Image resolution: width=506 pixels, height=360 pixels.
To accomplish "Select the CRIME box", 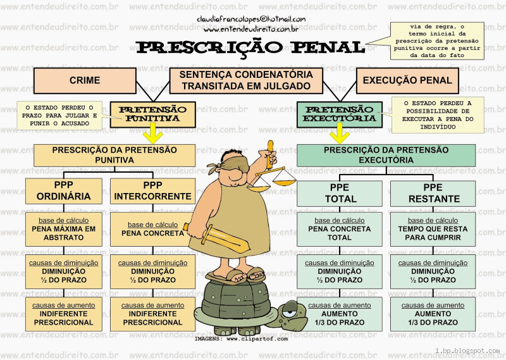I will [x=85, y=80].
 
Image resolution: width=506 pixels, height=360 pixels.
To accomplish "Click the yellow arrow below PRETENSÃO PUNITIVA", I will [x=152, y=134].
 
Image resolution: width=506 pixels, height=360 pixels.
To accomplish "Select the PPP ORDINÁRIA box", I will [x=66, y=191].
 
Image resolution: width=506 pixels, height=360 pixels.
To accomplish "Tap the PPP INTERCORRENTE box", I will [x=152, y=191].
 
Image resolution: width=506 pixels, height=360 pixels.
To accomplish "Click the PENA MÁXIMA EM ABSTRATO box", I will [x=66, y=229].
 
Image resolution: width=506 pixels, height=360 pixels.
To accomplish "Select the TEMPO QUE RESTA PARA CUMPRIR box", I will [x=433, y=229].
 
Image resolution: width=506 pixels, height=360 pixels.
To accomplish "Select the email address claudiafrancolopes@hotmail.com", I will [x=251, y=20].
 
